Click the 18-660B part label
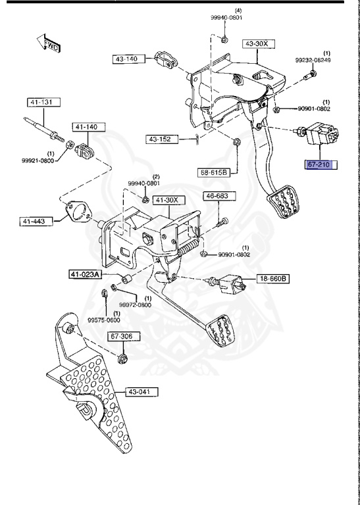(272, 278)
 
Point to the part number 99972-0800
(135, 304)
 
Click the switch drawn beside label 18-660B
(227, 283)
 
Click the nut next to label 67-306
(122, 359)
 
